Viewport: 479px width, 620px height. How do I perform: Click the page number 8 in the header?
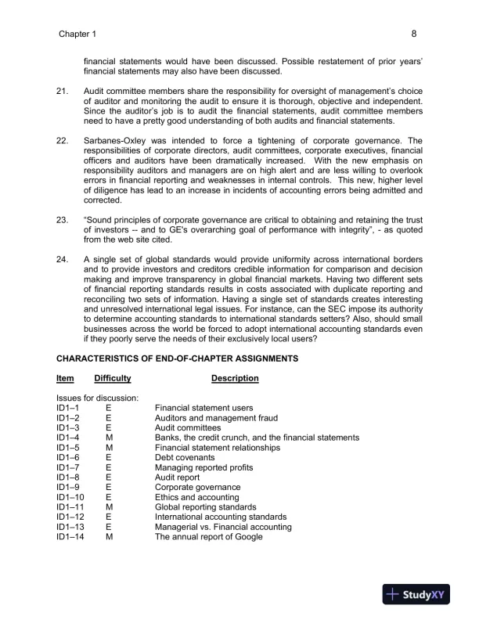click(x=412, y=34)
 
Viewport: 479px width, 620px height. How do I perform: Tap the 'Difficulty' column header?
click(x=112, y=379)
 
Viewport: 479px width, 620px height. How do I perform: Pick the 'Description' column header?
click(x=235, y=379)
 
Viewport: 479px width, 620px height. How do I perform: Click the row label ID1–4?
click(x=69, y=438)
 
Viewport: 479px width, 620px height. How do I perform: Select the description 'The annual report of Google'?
click(x=209, y=537)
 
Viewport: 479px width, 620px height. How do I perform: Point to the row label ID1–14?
click(x=70, y=537)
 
